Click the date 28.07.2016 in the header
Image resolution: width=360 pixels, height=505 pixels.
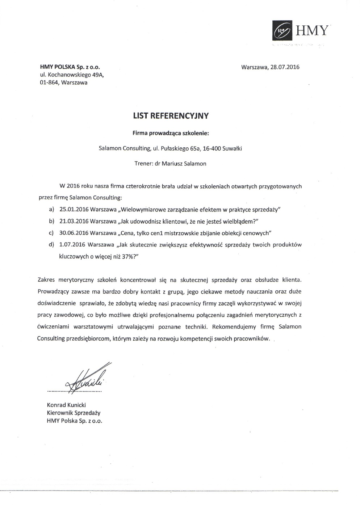point(284,67)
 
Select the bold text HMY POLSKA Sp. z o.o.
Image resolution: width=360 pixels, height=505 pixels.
point(70,67)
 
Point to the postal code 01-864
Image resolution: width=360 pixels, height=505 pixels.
point(49,83)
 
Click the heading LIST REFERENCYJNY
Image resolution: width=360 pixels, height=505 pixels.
point(171,116)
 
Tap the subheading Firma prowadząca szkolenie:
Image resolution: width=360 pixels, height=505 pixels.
point(171,133)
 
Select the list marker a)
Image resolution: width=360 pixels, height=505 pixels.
point(51,210)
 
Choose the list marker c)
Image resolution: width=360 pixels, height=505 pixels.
point(51,233)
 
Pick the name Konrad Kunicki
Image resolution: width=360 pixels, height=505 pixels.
point(66,405)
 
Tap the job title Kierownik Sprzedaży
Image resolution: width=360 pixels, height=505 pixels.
point(74,413)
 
